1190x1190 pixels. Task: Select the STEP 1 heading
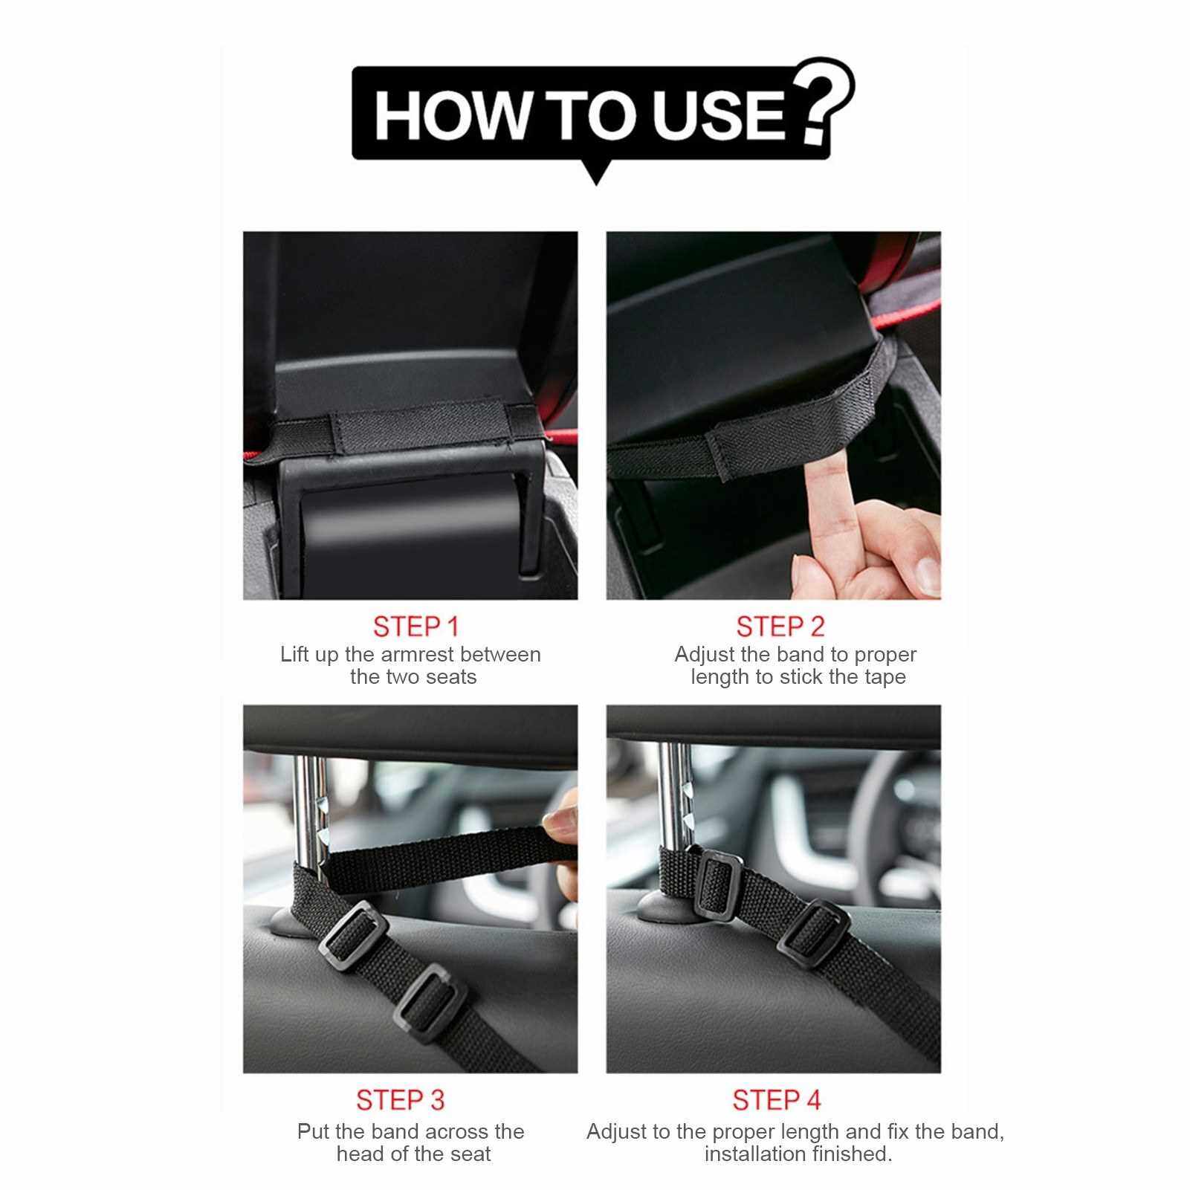click(416, 627)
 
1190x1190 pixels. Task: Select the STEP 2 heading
click(780, 627)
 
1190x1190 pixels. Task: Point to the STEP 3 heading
click(401, 1100)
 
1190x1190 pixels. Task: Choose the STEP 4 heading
click(777, 1100)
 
